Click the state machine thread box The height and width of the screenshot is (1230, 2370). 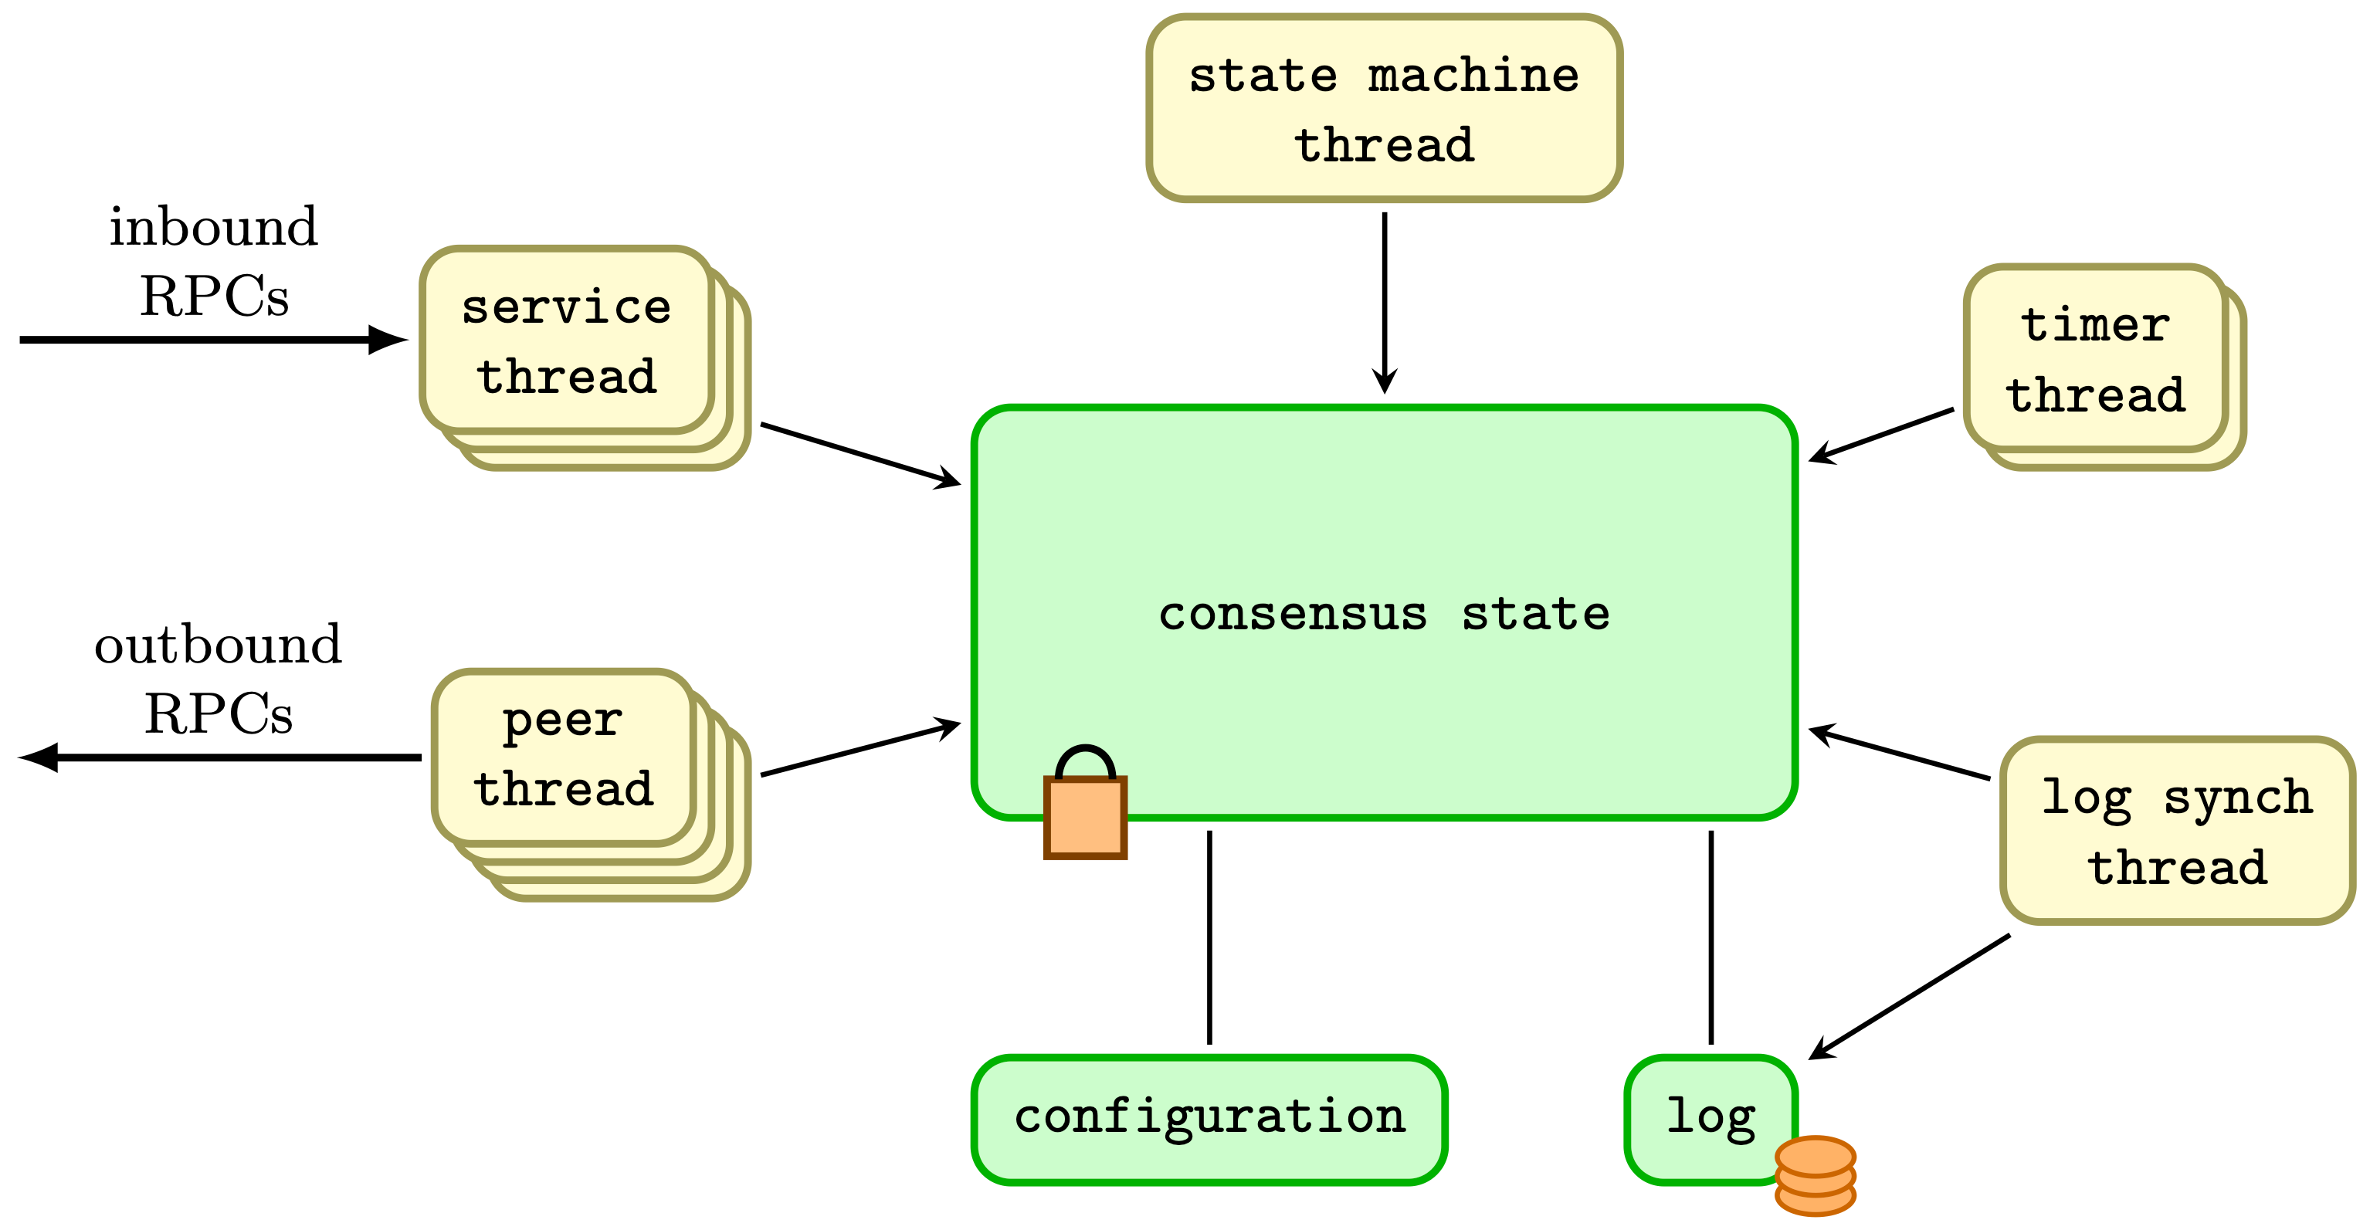click(1384, 109)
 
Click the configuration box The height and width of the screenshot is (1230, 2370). click(1209, 1119)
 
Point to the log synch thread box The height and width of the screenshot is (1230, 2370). click(2177, 830)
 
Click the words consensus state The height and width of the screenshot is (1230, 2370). click(1384, 613)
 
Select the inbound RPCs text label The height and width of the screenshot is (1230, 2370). click(213, 261)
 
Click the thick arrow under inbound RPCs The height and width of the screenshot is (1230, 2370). click(212, 340)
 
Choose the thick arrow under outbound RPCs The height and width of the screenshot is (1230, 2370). click(221, 757)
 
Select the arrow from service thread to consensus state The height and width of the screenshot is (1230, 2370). click(860, 455)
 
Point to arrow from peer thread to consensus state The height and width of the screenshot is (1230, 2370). click(860, 749)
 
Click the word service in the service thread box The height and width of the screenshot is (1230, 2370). click(566, 307)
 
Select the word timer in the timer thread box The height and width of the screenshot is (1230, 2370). click(2095, 325)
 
